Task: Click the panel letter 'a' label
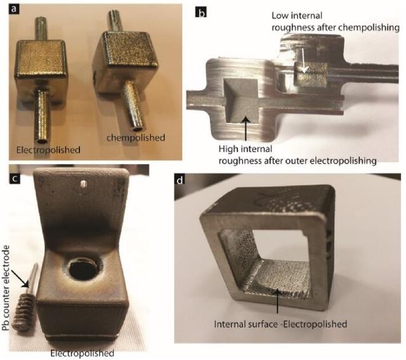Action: point(14,10)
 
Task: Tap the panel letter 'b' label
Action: point(201,12)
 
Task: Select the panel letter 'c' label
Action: point(15,178)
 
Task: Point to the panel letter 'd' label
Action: point(180,180)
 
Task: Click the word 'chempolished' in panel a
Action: point(136,138)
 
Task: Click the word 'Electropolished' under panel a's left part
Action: point(48,150)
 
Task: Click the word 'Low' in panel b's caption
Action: point(280,15)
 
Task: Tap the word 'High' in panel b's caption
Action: point(228,149)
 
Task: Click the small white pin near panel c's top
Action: point(82,183)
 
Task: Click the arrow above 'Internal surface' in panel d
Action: point(277,301)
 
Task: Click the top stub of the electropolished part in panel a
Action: point(41,29)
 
